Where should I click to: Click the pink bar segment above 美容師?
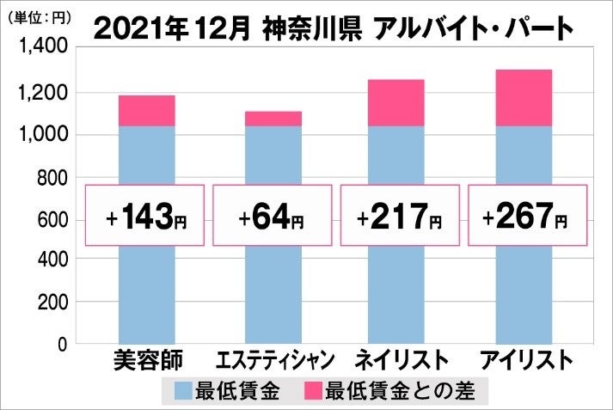click(146, 111)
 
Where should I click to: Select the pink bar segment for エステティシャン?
click(273, 119)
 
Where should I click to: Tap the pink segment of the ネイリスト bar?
click(397, 103)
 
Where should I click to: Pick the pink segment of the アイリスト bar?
click(524, 98)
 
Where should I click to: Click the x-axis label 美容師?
click(146, 359)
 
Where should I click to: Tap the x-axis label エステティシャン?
click(273, 359)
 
